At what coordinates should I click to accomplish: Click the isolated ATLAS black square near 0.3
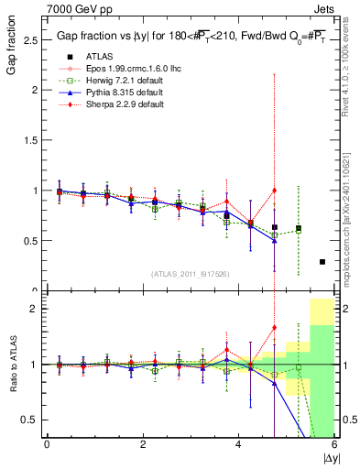(x=322, y=262)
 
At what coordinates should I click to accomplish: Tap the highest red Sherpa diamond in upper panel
(x=274, y=191)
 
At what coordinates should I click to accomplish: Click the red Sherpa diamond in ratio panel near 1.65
(x=274, y=327)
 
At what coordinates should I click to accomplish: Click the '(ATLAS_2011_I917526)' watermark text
(x=191, y=275)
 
